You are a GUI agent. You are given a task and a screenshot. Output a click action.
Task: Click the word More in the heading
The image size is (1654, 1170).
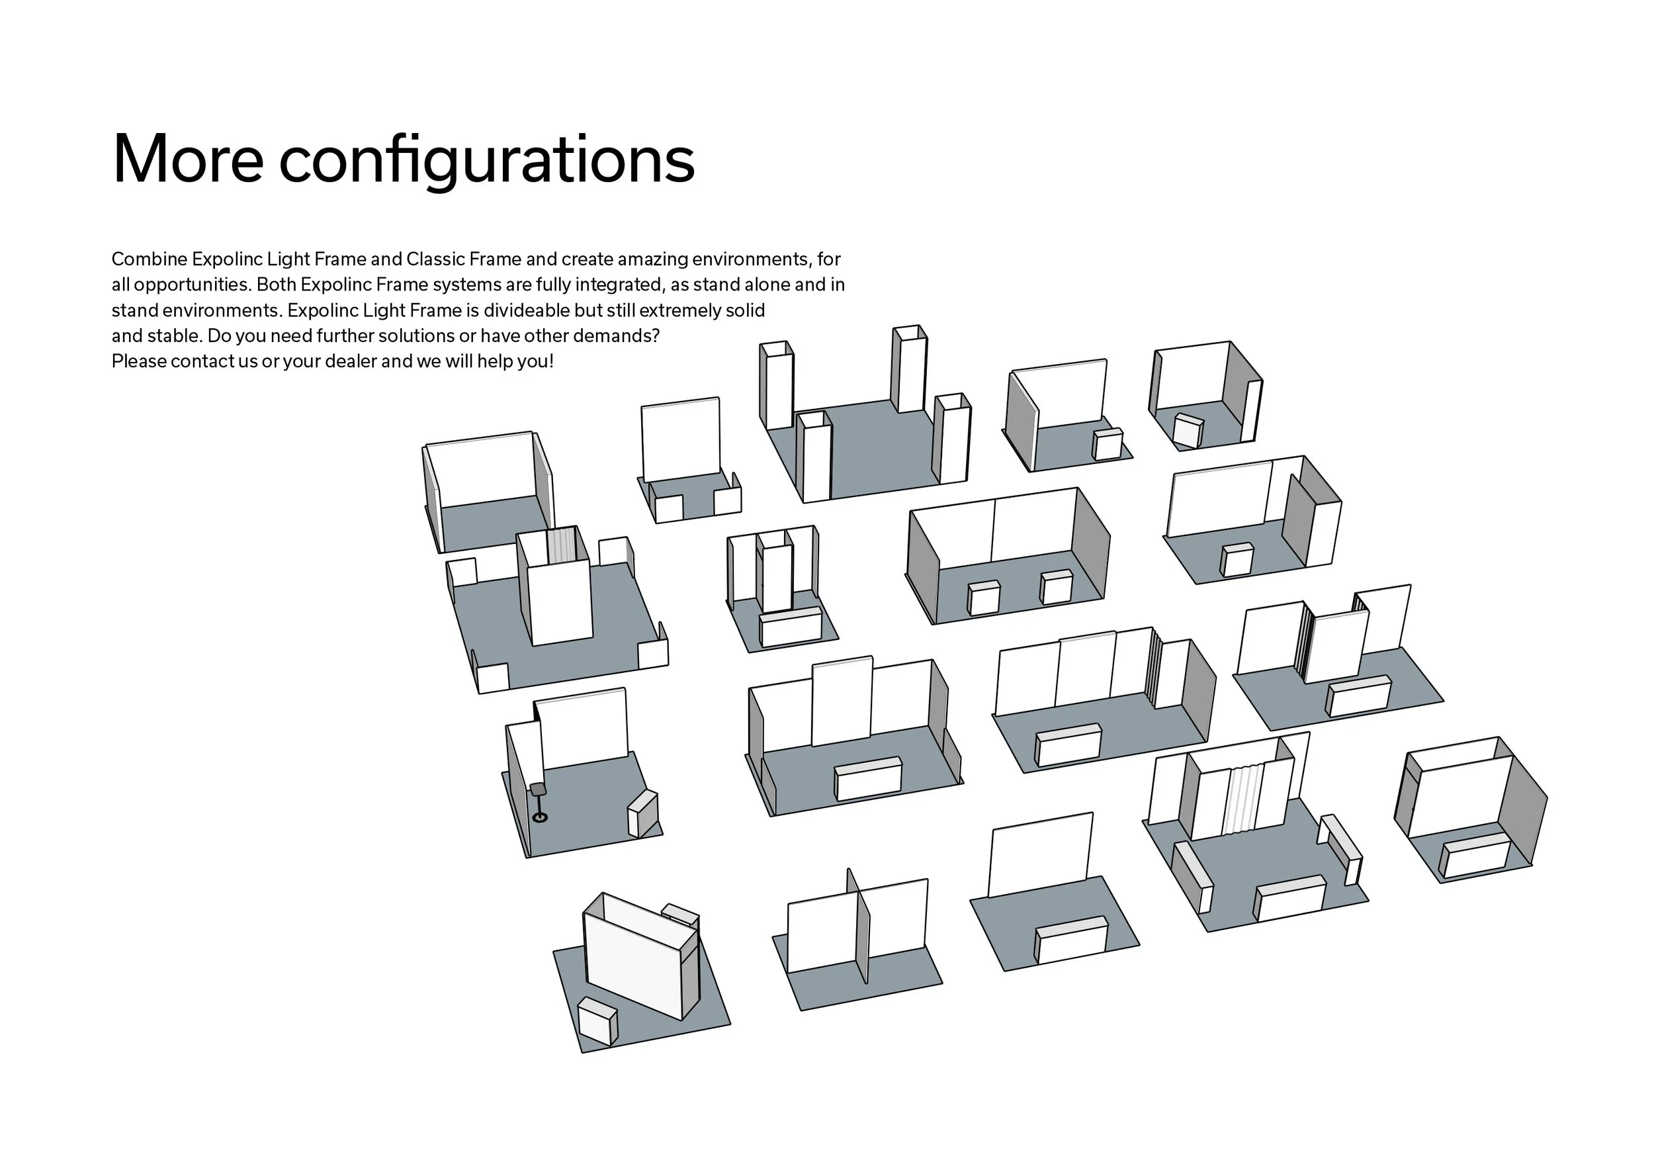(188, 159)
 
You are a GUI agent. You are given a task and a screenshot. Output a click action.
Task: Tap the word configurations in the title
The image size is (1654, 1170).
(487, 162)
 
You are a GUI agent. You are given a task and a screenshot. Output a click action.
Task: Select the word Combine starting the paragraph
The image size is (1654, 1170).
(149, 259)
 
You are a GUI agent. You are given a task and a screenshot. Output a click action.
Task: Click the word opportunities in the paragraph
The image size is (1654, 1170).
(191, 285)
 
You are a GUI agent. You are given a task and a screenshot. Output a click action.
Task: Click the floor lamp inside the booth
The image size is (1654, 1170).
(539, 803)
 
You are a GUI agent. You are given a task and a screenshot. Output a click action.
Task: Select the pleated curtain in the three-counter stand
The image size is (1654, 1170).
(1242, 799)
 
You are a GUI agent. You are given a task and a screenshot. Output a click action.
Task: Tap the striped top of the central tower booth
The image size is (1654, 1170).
(561, 545)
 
